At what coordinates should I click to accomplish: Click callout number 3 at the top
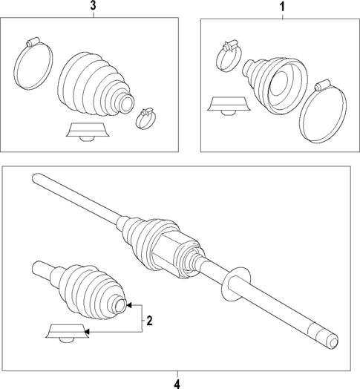[x=93, y=7]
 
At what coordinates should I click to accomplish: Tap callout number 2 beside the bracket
[x=149, y=321]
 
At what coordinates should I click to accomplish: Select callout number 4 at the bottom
[x=177, y=382]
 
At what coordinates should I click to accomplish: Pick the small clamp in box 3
[x=145, y=117]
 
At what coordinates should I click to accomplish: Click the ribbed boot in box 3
[x=92, y=82]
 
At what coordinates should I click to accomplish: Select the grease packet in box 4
[x=67, y=333]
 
